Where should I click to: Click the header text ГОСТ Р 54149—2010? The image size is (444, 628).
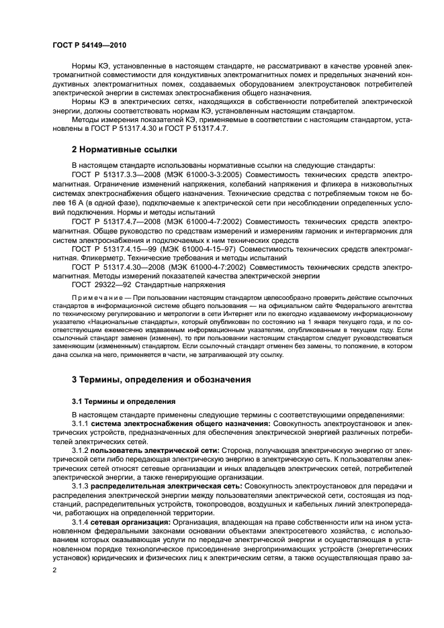tap(89, 44)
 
